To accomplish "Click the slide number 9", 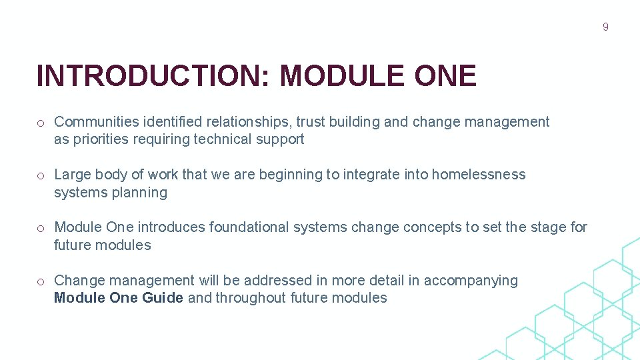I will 605,27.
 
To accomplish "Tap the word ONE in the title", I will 445,76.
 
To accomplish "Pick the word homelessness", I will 479,175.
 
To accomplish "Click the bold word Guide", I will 162,298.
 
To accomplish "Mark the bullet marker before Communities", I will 41,123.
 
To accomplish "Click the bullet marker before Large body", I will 41,175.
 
